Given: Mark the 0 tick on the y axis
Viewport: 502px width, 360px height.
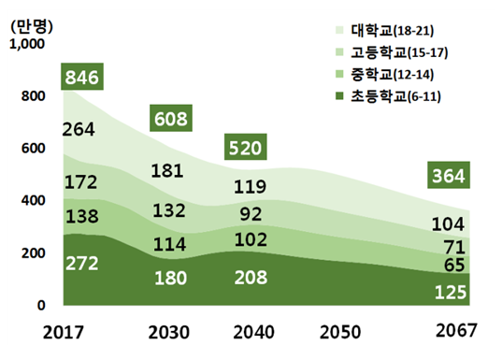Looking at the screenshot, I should coord(39,306).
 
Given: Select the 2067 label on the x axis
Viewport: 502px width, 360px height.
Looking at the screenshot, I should coord(454,332).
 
